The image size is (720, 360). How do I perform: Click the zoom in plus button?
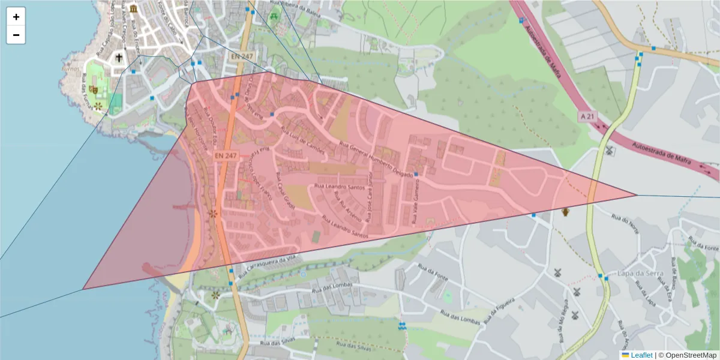(x=16, y=17)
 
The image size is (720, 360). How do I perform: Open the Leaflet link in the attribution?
(x=637, y=355)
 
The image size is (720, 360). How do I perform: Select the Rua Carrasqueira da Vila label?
(x=268, y=266)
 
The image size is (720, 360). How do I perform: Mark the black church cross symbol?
(x=119, y=58)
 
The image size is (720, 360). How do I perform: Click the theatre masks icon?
(x=93, y=89)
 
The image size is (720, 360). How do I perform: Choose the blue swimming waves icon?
(x=402, y=325)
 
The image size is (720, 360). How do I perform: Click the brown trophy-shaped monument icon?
(x=565, y=211)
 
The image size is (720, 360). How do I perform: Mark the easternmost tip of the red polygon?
(x=637, y=194)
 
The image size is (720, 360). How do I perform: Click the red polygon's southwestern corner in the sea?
(x=83, y=289)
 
